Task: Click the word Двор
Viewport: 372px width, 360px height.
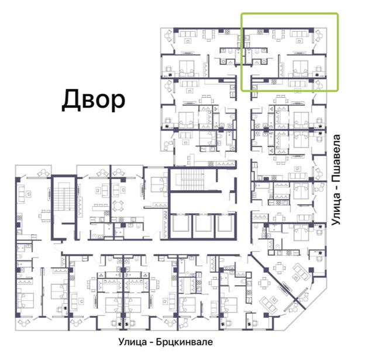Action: click(93, 100)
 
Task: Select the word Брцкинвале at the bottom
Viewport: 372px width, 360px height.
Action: click(184, 342)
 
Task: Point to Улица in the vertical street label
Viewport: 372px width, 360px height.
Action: click(336, 210)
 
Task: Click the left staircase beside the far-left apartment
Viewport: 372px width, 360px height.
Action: click(64, 196)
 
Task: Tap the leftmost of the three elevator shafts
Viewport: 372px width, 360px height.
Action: click(181, 224)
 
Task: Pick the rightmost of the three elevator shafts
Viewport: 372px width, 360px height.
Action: click(225, 224)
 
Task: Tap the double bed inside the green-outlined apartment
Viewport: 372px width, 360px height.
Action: click(301, 68)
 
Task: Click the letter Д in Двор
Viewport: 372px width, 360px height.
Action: click(70, 100)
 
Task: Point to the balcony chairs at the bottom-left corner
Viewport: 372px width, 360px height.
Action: click(24, 323)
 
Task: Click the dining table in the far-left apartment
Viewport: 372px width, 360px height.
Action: click(44, 215)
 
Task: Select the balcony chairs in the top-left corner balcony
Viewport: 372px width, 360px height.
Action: click(168, 36)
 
